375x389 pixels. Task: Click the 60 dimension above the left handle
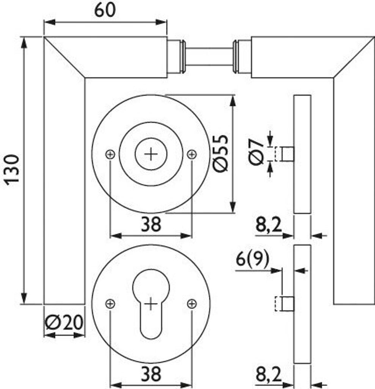105,10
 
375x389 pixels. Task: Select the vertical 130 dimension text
12,169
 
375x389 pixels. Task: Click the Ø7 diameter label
256,152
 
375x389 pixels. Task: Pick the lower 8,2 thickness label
268,376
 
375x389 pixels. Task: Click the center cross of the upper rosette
151,154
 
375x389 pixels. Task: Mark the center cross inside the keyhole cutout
151,304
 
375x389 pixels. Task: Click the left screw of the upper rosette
110,154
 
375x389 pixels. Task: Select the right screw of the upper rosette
192,154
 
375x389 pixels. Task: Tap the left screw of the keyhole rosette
110,304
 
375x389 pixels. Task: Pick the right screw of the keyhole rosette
192,304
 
